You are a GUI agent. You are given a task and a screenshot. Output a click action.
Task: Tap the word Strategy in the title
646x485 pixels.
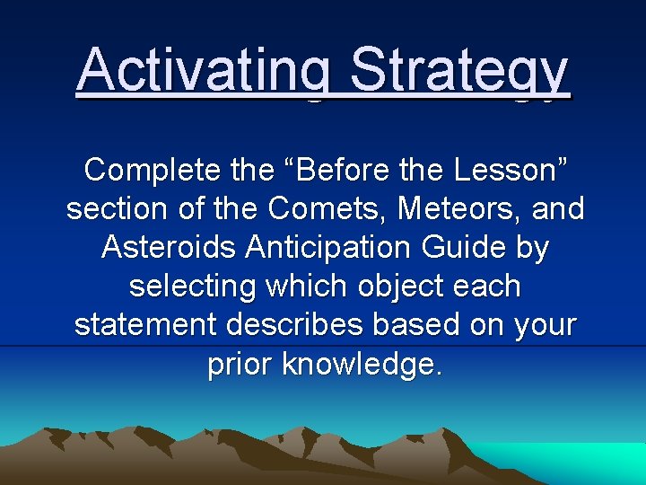click(x=459, y=70)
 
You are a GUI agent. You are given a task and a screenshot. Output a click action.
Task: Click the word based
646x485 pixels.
click(x=443, y=325)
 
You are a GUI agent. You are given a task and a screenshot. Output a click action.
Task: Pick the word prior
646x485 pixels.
click(x=240, y=365)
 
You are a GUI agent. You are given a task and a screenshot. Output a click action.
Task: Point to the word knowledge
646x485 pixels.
click(x=362, y=365)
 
